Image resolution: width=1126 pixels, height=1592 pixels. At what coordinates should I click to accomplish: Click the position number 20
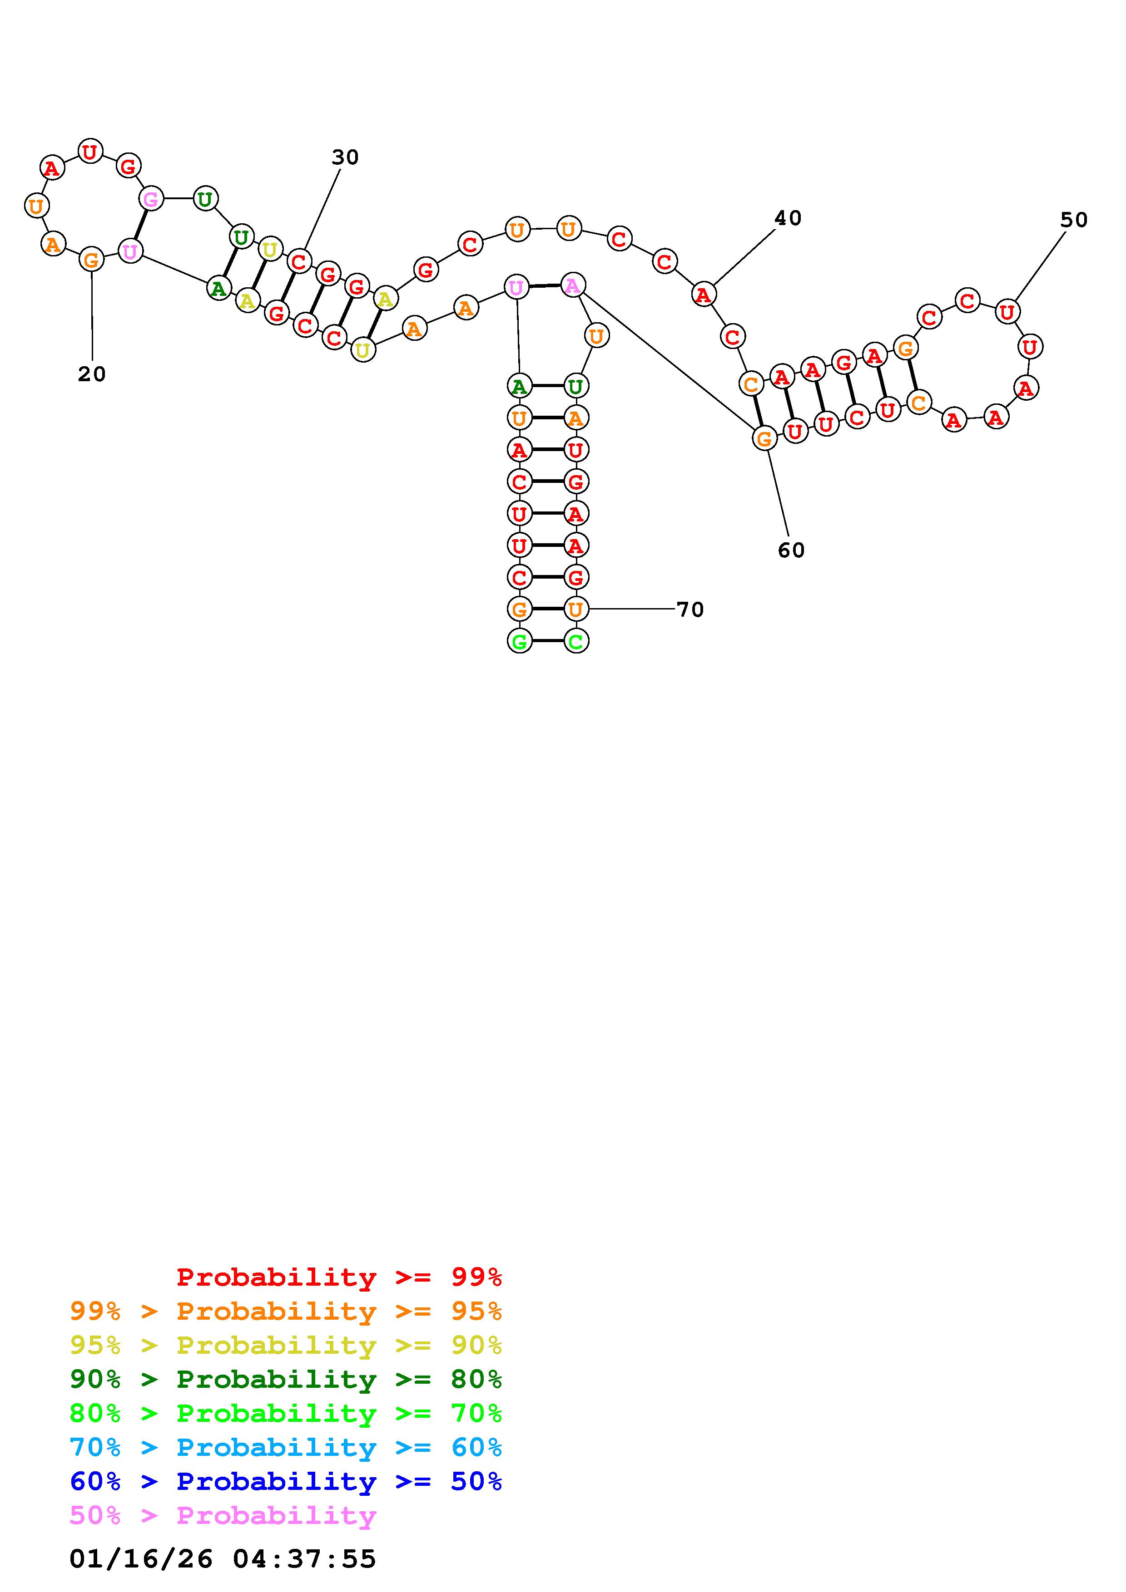tap(92, 374)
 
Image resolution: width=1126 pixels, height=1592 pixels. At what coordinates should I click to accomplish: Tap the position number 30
tap(345, 157)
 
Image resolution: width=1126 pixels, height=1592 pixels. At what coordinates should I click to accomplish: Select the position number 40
tap(788, 218)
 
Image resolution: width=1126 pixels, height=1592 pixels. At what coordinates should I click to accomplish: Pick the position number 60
tap(791, 550)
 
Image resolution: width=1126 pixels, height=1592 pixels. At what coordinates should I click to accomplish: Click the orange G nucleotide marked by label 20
tap(91, 260)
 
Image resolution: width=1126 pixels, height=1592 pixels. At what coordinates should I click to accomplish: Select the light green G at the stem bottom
tap(519, 641)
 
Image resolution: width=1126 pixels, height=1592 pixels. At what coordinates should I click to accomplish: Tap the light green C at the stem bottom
tap(576, 641)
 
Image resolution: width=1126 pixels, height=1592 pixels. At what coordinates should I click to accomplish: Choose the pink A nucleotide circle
tap(572, 285)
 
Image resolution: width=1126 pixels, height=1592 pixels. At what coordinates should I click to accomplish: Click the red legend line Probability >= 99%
tap(339, 1277)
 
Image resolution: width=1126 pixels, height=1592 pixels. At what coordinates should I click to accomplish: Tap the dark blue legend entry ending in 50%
tap(286, 1481)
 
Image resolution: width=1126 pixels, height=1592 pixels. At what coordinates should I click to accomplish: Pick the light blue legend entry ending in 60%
tap(286, 1447)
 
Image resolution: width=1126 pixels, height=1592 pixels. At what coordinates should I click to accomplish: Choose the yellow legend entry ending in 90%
tap(286, 1345)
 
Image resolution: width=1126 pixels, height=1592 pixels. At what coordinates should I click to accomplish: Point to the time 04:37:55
tap(305, 1559)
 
